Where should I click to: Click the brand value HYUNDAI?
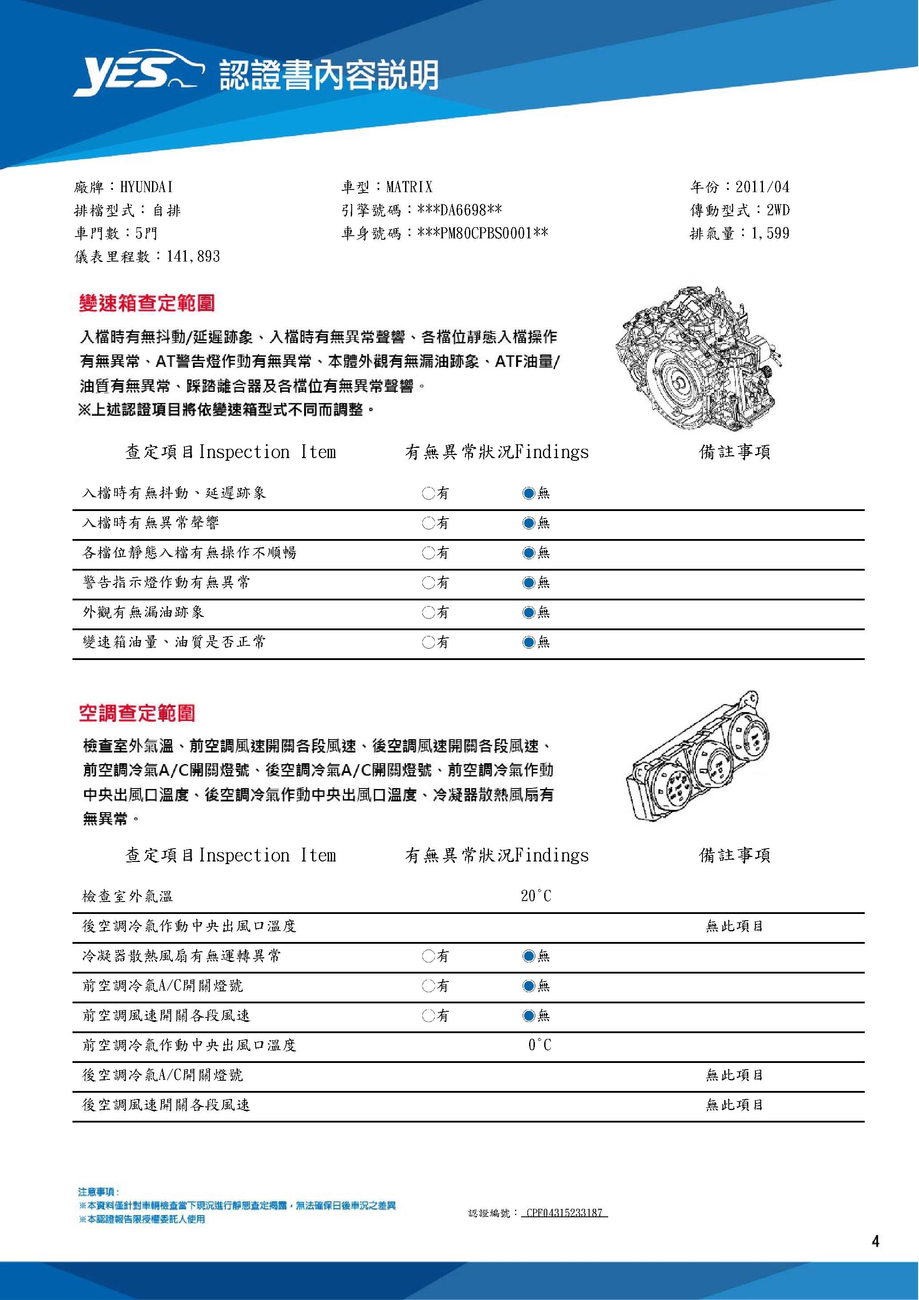(147, 187)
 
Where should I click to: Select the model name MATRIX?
(409, 187)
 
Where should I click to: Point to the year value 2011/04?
(762, 187)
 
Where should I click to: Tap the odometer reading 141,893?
(193, 257)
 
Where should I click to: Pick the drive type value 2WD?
(778, 210)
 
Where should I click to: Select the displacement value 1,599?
(770, 233)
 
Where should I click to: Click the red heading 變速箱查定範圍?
(147, 303)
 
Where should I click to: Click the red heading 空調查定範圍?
(137, 713)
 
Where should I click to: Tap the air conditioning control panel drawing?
(699, 756)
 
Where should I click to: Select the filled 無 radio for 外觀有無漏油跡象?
(529, 612)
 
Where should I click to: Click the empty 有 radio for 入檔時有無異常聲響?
(428, 523)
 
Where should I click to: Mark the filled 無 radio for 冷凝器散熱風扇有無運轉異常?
(529, 956)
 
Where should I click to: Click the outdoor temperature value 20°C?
(536, 896)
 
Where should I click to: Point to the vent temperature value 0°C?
(539, 1045)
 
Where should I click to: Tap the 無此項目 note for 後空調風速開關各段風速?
(734, 1105)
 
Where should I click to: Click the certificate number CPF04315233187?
(564, 1213)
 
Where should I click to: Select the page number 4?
(875, 1242)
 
